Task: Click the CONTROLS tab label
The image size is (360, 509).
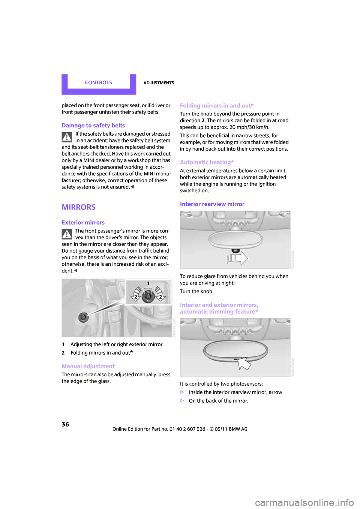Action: pyautogui.click(x=98, y=82)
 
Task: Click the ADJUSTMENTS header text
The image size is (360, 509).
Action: pyautogui.click(x=159, y=83)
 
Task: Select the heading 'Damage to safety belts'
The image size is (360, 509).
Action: pyautogui.click(x=93, y=126)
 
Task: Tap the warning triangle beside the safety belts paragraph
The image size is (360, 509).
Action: pyautogui.click(x=67, y=137)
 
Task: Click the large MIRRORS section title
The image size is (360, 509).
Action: pyautogui.click(x=79, y=207)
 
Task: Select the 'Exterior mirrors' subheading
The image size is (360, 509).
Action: pyautogui.click(x=83, y=223)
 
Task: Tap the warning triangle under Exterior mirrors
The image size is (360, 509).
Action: pyautogui.click(x=67, y=234)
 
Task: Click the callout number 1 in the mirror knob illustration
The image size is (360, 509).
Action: pyautogui.click(x=148, y=284)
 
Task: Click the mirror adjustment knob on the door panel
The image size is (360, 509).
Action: pyautogui.click(x=83, y=317)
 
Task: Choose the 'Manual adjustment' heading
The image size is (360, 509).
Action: pyautogui.click(x=88, y=366)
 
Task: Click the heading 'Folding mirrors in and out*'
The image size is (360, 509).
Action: pyautogui.click(x=217, y=106)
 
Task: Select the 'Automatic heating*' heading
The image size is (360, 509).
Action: pyautogui.click(x=207, y=162)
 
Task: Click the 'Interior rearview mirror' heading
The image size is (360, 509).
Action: pyautogui.click(x=212, y=204)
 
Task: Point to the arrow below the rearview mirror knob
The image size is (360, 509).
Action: pyautogui.click(x=237, y=258)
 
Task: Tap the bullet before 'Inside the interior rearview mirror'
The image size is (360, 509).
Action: pyautogui.click(x=182, y=392)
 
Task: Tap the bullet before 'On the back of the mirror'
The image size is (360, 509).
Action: pyautogui.click(x=182, y=401)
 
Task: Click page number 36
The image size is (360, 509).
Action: pyautogui.click(x=65, y=424)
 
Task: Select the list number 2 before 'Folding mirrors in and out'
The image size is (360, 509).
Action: pyautogui.click(x=63, y=353)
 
